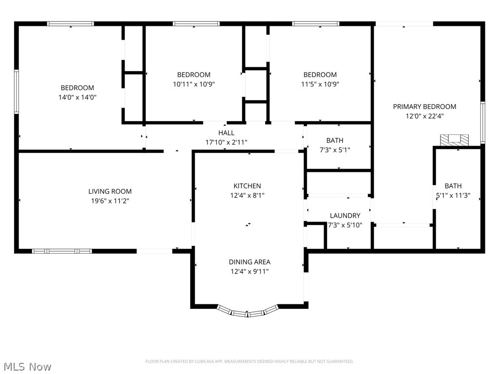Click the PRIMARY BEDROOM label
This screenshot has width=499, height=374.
424,107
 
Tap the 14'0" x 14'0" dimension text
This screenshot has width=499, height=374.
77,97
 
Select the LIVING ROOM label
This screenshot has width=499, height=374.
110,191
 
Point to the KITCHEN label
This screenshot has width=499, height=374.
247,186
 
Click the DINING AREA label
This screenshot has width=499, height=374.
249,262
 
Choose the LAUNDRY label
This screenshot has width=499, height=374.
345,215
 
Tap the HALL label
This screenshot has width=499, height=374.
226,132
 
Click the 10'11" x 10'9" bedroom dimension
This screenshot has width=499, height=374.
193,84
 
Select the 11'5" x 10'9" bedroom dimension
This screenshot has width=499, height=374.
320,84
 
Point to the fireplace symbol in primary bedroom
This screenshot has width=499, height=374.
453,140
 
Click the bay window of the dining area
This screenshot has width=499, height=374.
248,312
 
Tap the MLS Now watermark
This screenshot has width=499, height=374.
27,366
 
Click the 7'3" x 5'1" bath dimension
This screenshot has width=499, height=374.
335,150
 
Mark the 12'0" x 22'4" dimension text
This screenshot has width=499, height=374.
424,116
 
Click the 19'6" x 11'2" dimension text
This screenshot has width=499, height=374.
110,201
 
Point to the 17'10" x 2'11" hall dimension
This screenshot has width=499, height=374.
226,142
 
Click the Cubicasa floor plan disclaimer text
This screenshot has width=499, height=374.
249,361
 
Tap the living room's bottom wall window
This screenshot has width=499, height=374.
61,251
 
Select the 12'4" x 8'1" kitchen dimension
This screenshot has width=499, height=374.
247,195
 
